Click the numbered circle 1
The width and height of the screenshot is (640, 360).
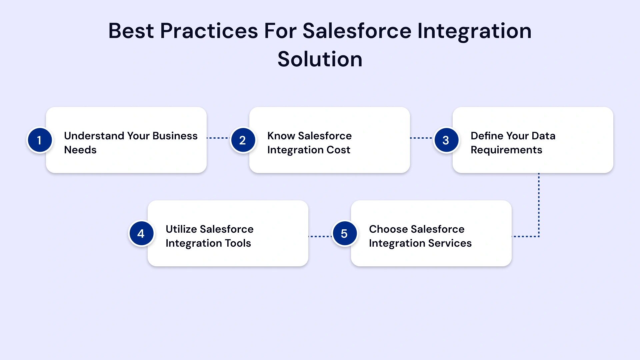pyautogui.click(x=40, y=140)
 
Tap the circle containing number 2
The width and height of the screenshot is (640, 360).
pyautogui.click(x=243, y=140)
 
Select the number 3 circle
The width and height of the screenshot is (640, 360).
pyautogui.click(x=446, y=140)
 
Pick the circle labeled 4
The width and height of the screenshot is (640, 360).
pyautogui.click(x=141, y=233)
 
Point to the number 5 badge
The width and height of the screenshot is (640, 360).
pyautogui.click(x=344, y=233)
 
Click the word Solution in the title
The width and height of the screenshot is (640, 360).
pyautogui.click(x=320, y=59)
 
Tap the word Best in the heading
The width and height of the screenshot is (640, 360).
pyautogui.click(x=131, y=31)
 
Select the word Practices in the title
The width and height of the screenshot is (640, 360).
pyautogui.click(x=209, y=31)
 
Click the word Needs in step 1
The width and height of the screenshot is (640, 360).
pyautogui.click(x=80, y=150)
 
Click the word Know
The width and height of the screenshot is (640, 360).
pyautogui.click(x=281, y=136)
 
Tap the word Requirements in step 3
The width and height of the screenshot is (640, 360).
pyautogui.click(x=506, y=150)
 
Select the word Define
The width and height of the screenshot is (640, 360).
pyautogui.click(x=487, y=136)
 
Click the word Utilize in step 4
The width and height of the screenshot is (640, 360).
pyautogui.click(x=181, y=229)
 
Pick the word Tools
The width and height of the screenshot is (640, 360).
pyautogui.click(x=238, y=243)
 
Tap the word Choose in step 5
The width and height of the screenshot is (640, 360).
pyautogui.click(x=388, y=229)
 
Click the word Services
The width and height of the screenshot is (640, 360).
pyautogui.click(x=450, y=243)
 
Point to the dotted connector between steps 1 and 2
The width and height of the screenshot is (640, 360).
pyautogui.click(x=218, y=138)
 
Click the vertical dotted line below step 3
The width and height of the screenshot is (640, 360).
pyautogui.click(x=539, y=203)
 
